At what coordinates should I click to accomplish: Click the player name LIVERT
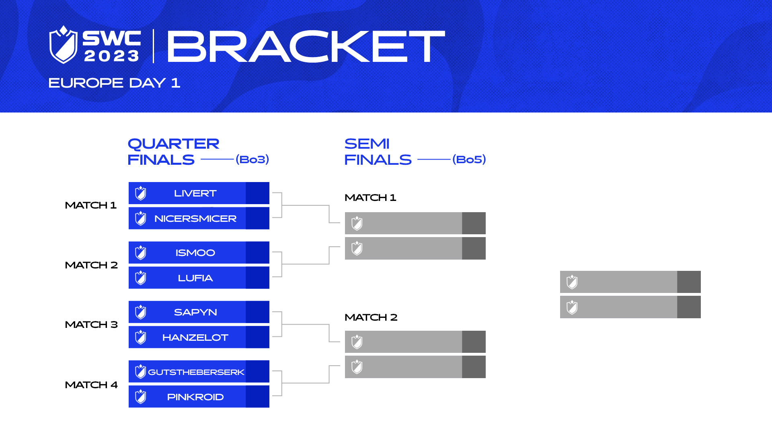pos(195,193)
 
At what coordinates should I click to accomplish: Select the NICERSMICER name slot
pos(195,219)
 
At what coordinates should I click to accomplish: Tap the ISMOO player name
pos(195,253)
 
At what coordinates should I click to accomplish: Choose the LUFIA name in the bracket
pos(195,278)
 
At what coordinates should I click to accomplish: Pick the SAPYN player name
pos(195,312)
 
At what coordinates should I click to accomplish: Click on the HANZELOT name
pos(195,338)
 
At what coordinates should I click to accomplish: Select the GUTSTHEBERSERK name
pos(196,372)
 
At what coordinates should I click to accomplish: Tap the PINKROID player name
pos(195,397)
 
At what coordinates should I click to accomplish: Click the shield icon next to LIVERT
pos(141,193)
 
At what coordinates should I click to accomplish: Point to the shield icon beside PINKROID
pos(141,397)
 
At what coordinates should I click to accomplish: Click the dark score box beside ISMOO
pos(257,252)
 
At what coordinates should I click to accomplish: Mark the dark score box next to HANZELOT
pos(257,337)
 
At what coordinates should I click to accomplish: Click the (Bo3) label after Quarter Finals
pos(252,160)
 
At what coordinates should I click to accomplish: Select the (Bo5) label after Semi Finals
pos(469,160)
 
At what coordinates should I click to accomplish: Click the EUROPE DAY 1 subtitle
pos(114,83)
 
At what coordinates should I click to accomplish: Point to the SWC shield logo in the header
pos(63,45)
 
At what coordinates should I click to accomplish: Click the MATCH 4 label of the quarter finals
pos(91,385)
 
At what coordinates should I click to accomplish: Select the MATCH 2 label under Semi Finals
pos(371,317)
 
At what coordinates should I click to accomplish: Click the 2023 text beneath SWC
pos(112,56)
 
